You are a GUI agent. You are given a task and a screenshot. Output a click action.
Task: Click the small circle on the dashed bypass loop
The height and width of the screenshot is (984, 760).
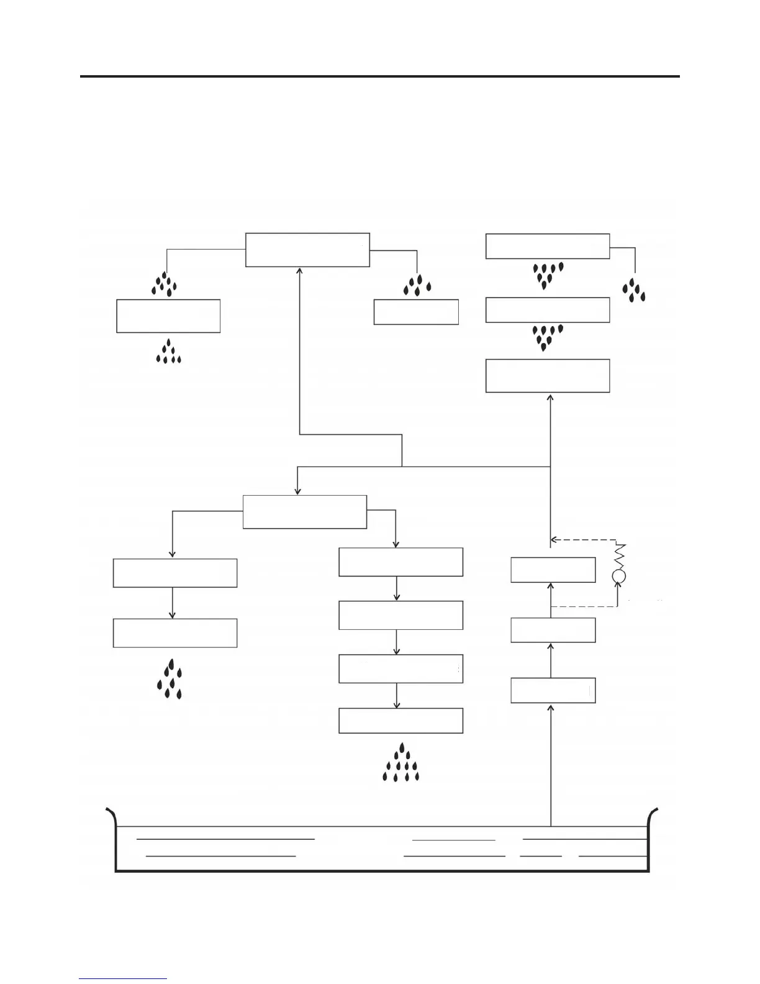point(618,576)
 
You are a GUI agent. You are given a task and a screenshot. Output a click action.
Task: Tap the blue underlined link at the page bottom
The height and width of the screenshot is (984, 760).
point(123,979)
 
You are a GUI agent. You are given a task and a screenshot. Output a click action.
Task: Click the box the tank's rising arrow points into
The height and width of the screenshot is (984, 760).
point(553,691)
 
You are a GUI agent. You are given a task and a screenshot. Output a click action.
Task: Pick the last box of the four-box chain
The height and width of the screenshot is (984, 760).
point(400,721)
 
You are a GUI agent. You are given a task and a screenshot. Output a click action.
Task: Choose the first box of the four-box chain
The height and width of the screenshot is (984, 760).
point(400,562)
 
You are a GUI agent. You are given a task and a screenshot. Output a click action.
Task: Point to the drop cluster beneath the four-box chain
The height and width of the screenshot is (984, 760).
point(401,763)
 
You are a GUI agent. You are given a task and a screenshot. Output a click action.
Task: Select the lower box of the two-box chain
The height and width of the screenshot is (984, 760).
point(174,633)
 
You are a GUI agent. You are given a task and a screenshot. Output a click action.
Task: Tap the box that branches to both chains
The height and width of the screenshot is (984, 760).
point(304,512)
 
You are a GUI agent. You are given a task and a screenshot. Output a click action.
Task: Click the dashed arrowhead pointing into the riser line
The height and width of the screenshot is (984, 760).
point(554,540)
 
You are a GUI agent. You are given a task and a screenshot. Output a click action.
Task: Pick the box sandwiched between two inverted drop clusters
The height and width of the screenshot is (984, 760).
point(547,310)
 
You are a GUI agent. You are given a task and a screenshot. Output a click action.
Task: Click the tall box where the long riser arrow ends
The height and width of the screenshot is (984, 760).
point(547,375)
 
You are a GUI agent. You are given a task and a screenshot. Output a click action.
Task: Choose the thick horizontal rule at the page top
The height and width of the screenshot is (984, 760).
point(379,76)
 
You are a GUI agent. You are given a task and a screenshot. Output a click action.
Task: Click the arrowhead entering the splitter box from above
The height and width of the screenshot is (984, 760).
point(297,491)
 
